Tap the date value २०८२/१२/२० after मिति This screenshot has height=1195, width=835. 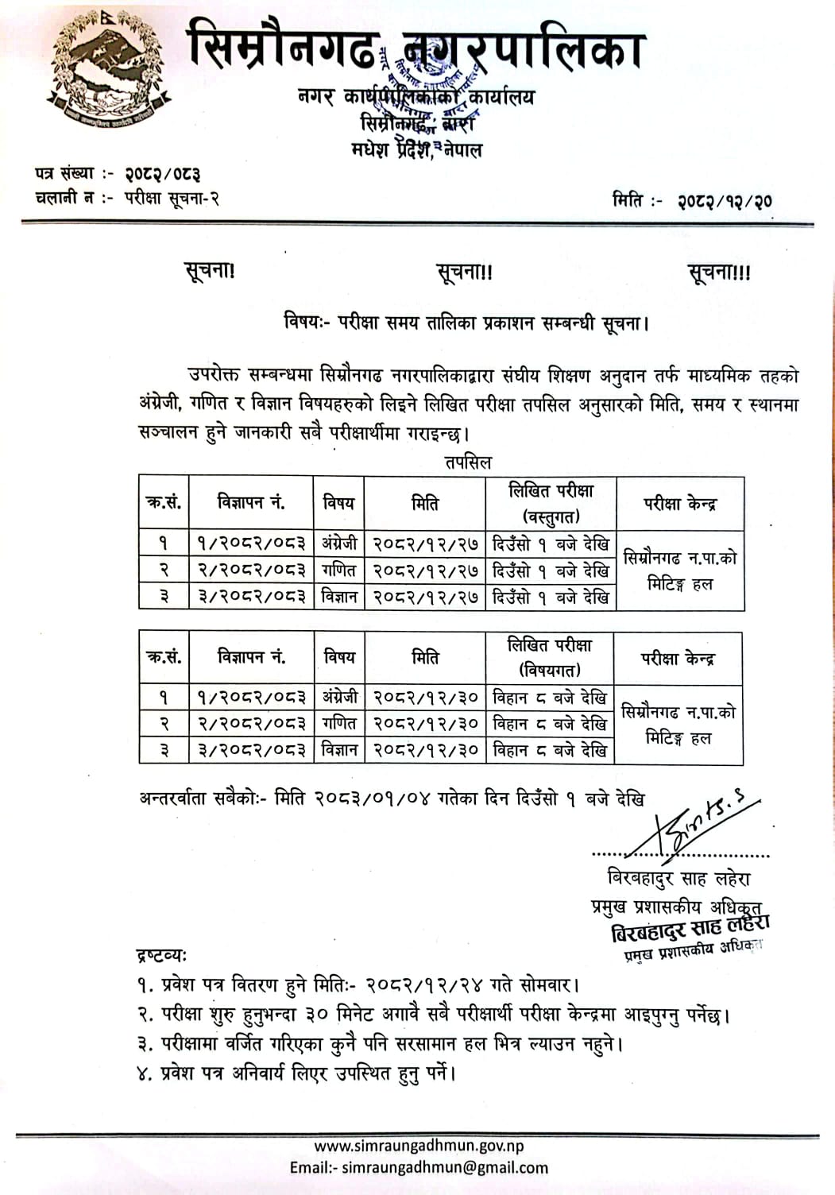click(x=725, y=201)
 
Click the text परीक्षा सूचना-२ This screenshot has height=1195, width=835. click(x=172, y=199)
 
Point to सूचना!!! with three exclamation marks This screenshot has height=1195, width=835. click(x=718, y=273)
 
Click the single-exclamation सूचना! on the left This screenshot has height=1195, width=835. click(x=209, y=271)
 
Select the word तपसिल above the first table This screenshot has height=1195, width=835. click(x=468, y=462)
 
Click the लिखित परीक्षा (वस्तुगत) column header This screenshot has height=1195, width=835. click(x=551, y=503)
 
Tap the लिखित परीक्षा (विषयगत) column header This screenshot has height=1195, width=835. click(x=550, y=657)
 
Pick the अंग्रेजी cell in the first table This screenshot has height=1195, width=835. click(x=339, y=544)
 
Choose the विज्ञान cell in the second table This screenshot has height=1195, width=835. click(x=339, y=749)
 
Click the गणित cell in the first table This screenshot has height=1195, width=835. click(x=339, y=570)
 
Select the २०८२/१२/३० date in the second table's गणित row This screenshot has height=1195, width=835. click(x=425, y=724)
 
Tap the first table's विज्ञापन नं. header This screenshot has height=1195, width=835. click(x=251, y=502)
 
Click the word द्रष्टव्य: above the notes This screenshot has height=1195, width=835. click(x=161, y=954)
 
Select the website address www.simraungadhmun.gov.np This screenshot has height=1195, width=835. click(x=419, y=1146)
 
